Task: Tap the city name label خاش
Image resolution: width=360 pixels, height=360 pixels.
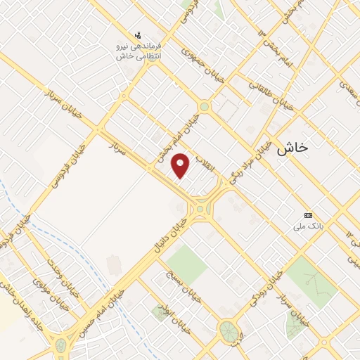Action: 292,148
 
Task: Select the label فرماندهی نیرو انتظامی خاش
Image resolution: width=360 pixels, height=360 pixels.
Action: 139,51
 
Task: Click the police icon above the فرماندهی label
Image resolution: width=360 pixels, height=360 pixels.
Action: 138,34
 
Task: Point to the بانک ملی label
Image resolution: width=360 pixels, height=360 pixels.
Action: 307,226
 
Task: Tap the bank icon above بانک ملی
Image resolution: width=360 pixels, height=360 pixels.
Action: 307,215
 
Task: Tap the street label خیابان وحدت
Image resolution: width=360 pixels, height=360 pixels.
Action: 56,271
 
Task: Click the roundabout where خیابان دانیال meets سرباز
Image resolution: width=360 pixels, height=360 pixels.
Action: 203,208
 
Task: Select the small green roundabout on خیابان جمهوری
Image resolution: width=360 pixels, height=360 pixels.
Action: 204,107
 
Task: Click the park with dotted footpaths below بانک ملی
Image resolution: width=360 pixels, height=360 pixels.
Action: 311,281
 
